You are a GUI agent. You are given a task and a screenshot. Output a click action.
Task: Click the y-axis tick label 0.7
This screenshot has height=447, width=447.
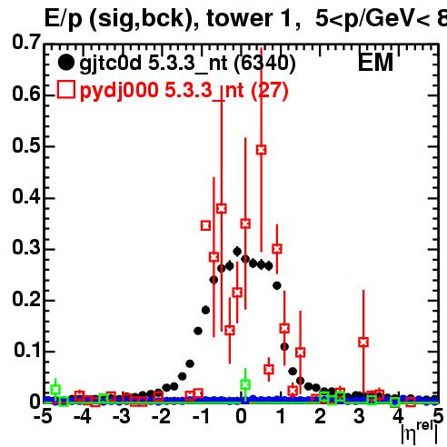(26, 43)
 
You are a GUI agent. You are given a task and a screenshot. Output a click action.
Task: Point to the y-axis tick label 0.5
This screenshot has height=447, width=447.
(26, 145)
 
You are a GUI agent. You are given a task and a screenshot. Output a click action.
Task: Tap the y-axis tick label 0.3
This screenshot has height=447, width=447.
(26, 247)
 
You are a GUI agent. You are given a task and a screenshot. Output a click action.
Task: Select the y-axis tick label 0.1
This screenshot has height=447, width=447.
(27, 350)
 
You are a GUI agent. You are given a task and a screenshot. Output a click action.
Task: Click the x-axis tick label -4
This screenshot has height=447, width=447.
(83, 417)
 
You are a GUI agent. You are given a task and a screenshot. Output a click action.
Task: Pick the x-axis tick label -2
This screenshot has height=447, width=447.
(161, 417)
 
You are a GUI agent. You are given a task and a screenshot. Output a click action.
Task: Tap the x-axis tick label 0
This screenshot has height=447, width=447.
(241, 417)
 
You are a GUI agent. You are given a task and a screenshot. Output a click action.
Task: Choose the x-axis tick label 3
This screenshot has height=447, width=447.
(360, 417)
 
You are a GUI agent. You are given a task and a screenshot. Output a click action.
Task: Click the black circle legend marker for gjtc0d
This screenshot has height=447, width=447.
(65, 63)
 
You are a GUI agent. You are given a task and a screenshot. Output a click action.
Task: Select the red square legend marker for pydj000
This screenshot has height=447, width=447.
(66, 89)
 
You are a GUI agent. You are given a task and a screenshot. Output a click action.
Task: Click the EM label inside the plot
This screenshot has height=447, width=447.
(375, 63)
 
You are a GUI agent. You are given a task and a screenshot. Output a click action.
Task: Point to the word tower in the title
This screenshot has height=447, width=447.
(239, 19)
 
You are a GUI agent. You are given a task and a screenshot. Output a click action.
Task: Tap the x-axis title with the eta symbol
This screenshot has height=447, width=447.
(420, 433)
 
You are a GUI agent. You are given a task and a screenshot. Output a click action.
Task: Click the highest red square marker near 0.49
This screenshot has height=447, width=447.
(262, 150)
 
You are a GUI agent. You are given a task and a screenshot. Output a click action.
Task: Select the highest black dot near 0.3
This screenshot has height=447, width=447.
(237, 251)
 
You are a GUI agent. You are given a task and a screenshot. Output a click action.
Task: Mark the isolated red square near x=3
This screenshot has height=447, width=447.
(363, 343)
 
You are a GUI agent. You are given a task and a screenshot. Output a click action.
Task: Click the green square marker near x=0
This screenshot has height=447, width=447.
(245, 384)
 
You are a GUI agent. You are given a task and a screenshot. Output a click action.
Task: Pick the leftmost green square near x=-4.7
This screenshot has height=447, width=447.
(55, 390)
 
